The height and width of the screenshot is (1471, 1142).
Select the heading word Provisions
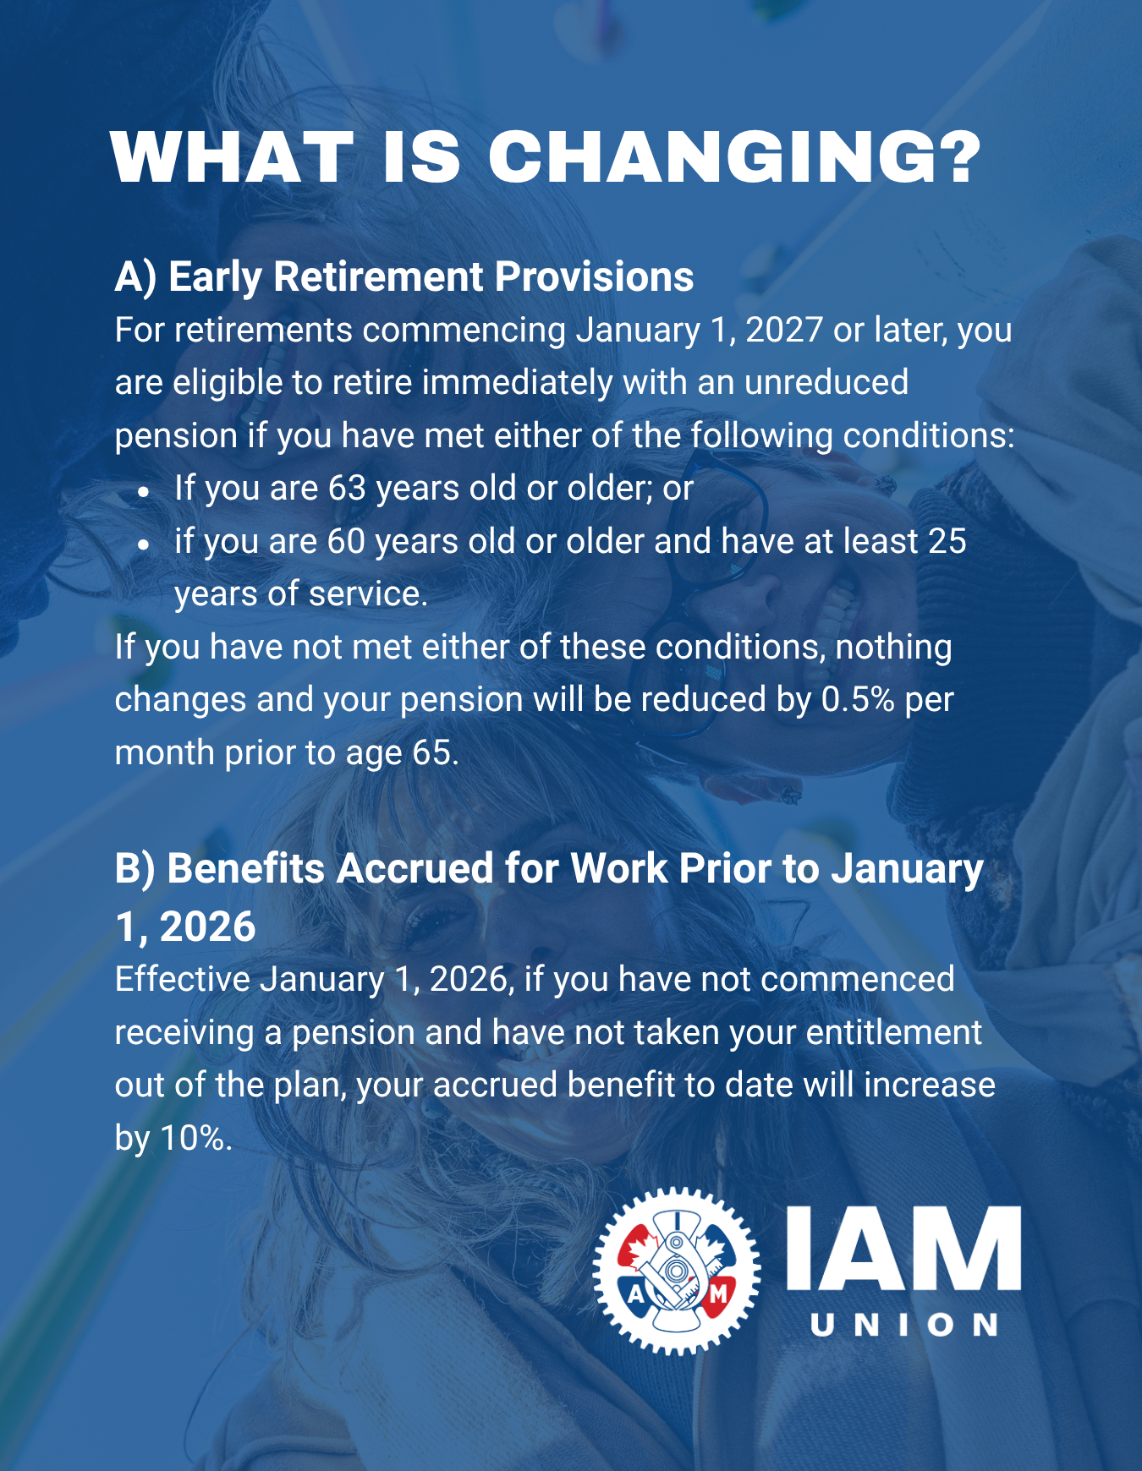tap(594, 276)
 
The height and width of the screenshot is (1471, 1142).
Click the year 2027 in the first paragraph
tap(784, 330)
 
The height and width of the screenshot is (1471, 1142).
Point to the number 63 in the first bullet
tap(347, 488)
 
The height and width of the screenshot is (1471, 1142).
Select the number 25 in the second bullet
tap(947, 541)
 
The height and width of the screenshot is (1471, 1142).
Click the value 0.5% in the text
tap(858, 699)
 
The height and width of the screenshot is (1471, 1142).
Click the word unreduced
tap(826, 382)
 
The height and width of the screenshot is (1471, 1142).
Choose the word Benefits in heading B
tap(246, 868)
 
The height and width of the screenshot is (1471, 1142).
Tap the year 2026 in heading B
tap(207, 927)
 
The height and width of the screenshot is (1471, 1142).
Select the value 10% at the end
tap(196, 1138)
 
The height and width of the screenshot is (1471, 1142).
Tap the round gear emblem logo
tap(676, 1271)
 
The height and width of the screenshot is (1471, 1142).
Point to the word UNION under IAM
tap(904, 1325)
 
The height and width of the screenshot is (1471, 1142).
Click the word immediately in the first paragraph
tap(517, 382)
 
